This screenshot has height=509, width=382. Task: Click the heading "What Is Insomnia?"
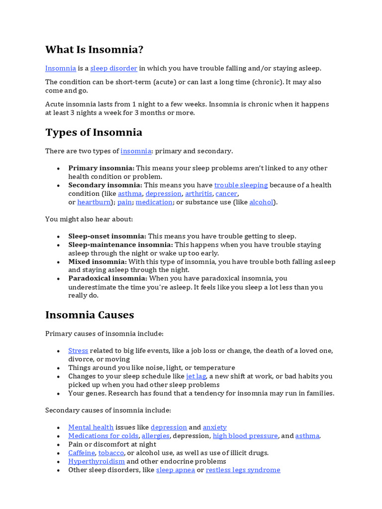94,50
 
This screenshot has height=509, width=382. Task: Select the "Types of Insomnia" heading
94,132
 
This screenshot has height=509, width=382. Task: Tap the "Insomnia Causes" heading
90,315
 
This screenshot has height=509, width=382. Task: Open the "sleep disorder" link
113,68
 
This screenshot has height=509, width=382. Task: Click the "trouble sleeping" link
241,185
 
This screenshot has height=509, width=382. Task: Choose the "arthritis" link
198,193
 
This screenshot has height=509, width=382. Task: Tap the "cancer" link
226,193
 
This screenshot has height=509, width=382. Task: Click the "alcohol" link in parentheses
261,202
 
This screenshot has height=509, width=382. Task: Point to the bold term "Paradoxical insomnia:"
107,278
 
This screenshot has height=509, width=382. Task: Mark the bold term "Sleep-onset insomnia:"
107,236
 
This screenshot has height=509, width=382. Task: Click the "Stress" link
78,350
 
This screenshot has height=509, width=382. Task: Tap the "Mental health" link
91,427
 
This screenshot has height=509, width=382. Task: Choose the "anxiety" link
215,427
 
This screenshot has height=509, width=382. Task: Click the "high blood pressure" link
245,436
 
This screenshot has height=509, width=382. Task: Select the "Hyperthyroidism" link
96,461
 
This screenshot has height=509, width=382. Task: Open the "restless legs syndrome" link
243,470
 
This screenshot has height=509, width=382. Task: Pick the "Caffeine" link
82,453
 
